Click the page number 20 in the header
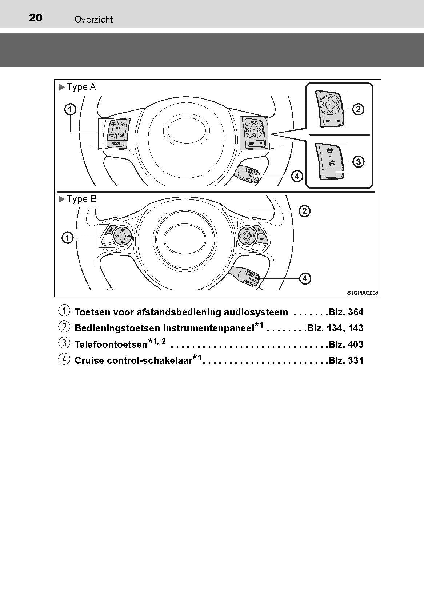(36, 18)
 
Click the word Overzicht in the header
(93, 20)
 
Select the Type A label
(81, 87)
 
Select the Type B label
(81, 199)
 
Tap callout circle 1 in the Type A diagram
(70, 109)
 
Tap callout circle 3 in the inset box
(358, 161)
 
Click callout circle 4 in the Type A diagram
(297, 176)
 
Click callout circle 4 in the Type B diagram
(305, 279)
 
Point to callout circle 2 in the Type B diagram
(304, 211)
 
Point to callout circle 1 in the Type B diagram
(68, 238)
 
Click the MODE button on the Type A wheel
(116, 144)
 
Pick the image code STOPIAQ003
(363, 293)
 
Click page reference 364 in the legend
(355, 312)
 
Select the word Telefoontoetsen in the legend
(111, 344)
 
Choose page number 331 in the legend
(356, 360)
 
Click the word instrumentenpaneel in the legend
(208, 328)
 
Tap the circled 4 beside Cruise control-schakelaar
(64, 359)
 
